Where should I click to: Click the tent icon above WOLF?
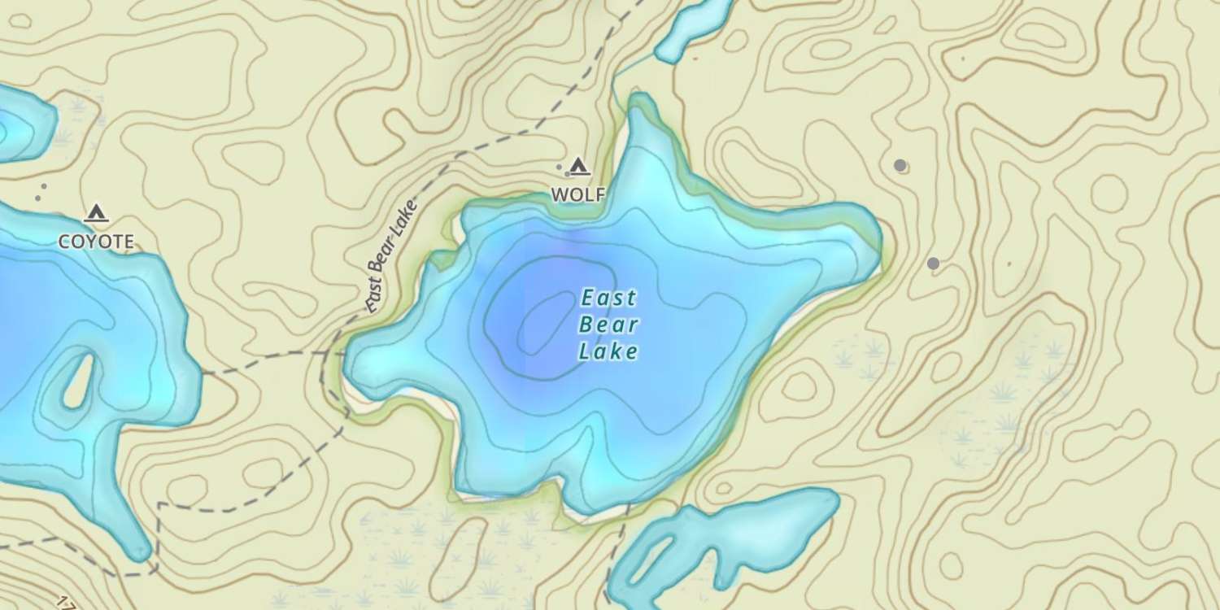coord(578,167)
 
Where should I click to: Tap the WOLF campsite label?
coord(577,195)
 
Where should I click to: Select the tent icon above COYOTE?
coord(96,213)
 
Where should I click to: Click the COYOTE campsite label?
coord(96,242)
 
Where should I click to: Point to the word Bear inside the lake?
coord(608,325)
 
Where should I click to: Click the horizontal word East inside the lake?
coord(608,298)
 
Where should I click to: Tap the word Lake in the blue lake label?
coord(608,352)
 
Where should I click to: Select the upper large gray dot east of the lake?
coord(900,165)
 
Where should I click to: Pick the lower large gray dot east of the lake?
coord(933,264)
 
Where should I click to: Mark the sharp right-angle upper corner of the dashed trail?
coord(159,505)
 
